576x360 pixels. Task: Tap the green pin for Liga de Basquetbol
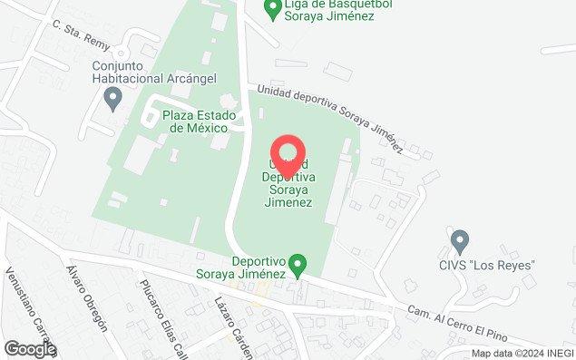(x=271, y=8)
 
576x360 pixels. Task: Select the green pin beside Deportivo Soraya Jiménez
(x=303, y=265)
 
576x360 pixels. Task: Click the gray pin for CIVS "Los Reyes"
(x=460, y=241)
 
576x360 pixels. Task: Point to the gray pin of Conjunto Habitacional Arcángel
(x=113, y=98)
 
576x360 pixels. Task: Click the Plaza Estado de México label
(x=200, y=122)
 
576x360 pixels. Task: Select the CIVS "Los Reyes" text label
(x=494, y=265)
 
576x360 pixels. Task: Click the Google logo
(x=29, y=348)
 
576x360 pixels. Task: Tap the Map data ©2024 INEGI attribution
(x=522, y=353)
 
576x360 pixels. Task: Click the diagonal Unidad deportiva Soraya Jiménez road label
(x=329, y=112)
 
